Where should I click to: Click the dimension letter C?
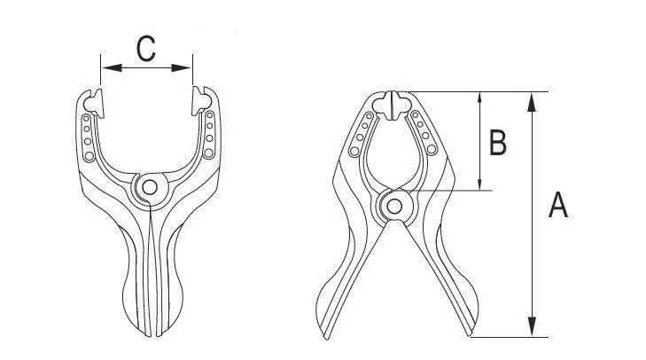(x=146, y=49)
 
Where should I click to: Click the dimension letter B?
(x=498, y=142)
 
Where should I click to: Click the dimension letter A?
(x=558, y=205)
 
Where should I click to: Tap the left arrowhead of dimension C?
(x=112, y=67)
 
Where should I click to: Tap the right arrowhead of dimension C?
(x=182, y=67)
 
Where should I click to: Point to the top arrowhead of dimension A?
(x=532, y=102)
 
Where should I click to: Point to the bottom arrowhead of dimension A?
(x=532, y=326)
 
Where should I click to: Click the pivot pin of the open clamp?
(x=150, y=187)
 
